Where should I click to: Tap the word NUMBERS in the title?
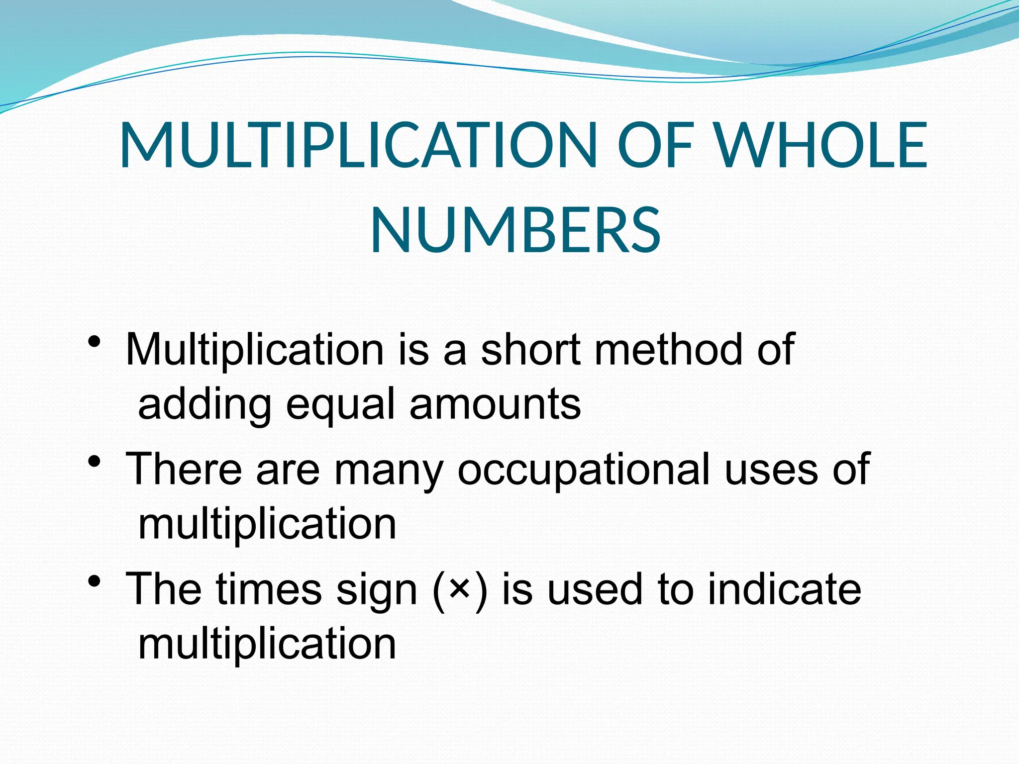[x=515, y=231]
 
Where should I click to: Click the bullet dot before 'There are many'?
[x=94, y=462]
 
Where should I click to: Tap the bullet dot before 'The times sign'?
[x=94, y=581]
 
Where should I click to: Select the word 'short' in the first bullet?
[x=530, y=349]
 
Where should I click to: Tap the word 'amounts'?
[x=495, y=404]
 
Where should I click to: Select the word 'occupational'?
[x=584, y=470]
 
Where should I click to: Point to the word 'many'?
[x=388, y=470]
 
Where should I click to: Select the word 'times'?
[x=269, y=588]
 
